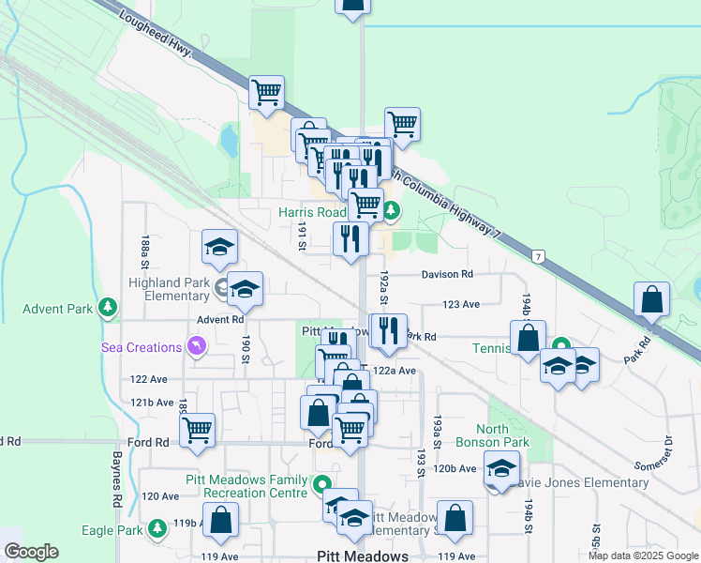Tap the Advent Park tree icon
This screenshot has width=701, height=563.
[x=109, y=307]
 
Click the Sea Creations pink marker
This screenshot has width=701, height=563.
[x=196, y=347]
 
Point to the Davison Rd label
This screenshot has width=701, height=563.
[x=447, y=274]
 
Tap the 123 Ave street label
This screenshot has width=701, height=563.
[x=461, y=304]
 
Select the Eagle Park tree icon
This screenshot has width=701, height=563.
[x=158, y=530]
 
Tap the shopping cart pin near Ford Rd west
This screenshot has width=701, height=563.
[x=197, y=430]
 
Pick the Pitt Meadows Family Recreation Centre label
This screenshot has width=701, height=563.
[x=246, y=486]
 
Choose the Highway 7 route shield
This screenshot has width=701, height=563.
[x=538, y=256]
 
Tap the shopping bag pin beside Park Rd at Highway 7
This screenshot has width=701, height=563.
[x=651, y=299]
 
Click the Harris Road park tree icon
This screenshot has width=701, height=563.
[x=392, y=211]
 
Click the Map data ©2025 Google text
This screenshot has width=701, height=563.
[x=642, y=555]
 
